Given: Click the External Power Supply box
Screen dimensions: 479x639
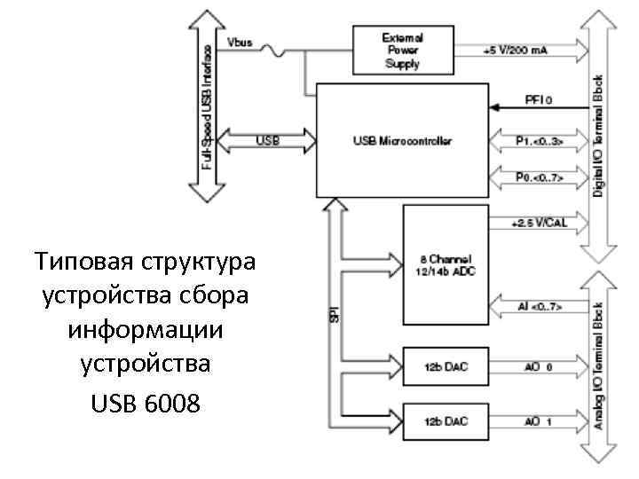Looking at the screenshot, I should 402,51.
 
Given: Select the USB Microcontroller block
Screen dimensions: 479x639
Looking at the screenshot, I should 403,141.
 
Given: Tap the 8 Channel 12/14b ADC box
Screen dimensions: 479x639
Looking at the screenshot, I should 446,265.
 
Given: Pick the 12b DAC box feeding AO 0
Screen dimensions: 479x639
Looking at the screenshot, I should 446,365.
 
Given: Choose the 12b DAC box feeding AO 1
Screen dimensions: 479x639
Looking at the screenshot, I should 446,420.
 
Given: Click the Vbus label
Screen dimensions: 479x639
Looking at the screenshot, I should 240,41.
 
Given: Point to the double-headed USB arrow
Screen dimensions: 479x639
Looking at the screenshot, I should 267,140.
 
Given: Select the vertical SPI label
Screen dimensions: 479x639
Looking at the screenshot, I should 335,314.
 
